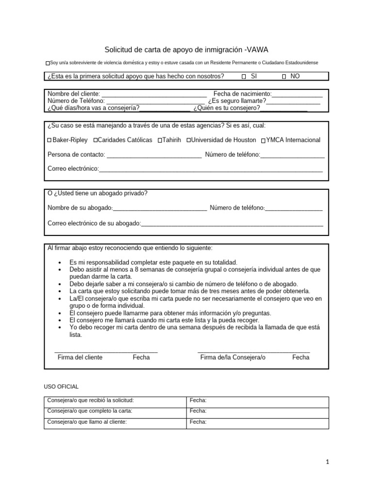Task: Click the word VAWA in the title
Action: point(256,50)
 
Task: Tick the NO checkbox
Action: point(284,77)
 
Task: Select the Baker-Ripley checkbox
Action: point(50,140)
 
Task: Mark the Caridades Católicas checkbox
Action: point(95,140)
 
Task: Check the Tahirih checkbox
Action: point(160,140)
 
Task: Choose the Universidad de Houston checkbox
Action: point(188,140)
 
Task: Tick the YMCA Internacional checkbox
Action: point(263,141)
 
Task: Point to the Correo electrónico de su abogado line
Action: point(232,225)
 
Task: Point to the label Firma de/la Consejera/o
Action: point(233,357)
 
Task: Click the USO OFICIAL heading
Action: point(61,386)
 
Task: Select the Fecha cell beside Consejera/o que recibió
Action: point(257,401)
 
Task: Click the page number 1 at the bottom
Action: point(328,462)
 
